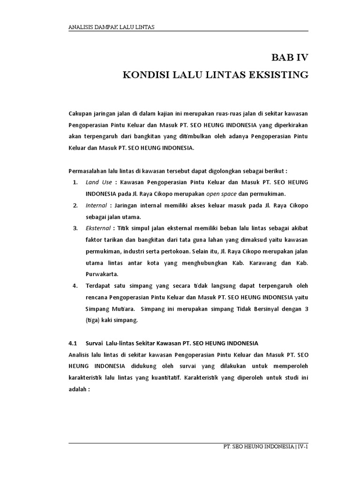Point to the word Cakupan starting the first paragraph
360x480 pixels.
click(x=81, y=114)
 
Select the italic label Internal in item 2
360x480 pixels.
click(x=97, y=205)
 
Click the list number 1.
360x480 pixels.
click(x=75, y=182)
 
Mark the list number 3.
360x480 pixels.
click(x=75, y=228)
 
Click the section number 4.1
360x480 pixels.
click(x=73, y=343)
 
